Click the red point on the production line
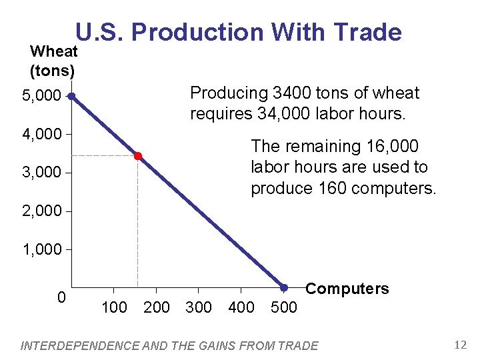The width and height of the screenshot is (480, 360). point(137,156)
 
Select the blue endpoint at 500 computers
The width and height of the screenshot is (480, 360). point(283,288)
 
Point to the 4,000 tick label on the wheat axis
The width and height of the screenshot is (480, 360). point(41,135)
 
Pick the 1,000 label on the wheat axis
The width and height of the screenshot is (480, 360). point(41,250)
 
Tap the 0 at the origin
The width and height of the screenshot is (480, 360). point(61,297)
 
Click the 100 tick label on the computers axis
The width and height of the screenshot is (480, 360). point(114,307)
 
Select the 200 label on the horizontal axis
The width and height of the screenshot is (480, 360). point(157,307)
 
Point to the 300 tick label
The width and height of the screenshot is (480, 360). point(199,307)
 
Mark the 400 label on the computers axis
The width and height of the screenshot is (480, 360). point(241,307)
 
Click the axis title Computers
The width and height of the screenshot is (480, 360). point(347,289)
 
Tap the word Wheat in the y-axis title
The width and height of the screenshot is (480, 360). point(54,51)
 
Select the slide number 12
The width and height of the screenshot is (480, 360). point(459,345)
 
